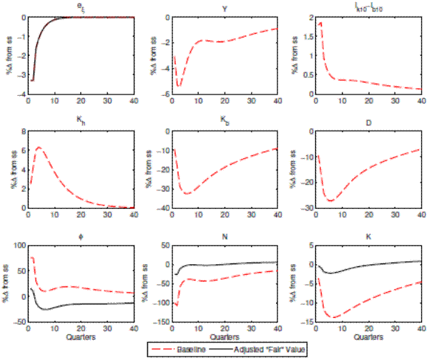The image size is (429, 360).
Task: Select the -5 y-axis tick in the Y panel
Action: [162, 94]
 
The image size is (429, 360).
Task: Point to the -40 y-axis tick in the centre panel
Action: [159, 208]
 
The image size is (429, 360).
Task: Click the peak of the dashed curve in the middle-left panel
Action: [39, 148]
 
